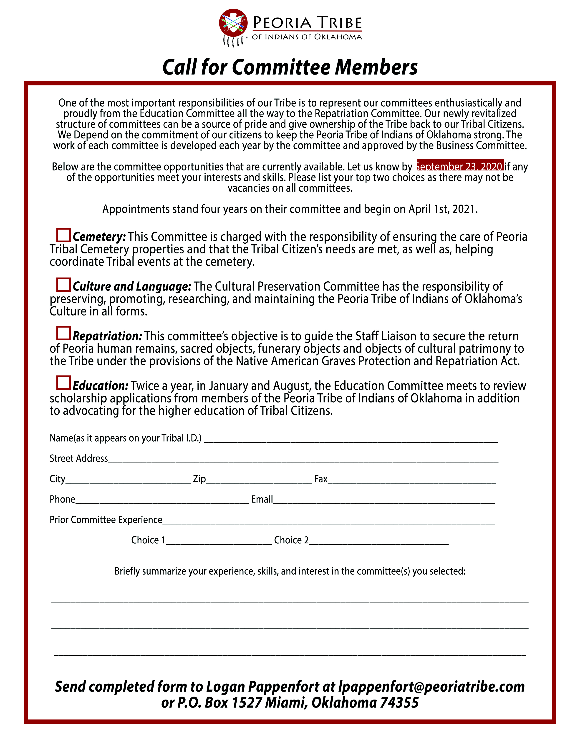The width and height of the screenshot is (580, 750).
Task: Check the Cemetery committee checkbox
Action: click(x=63, y=235)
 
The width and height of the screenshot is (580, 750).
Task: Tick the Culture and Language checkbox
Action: click(x=63, y=285)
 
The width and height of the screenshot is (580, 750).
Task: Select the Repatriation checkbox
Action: click(x=63, y=333)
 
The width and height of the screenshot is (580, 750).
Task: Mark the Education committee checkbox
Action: click(x=63, y=382)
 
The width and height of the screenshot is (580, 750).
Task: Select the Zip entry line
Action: click(x=259, y=481)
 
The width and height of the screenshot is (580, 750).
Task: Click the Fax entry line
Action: click(x=412, y=481)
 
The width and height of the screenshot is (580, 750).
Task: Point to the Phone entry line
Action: click(x=162, y=501)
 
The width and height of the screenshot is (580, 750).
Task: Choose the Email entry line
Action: click(x=384, y=501)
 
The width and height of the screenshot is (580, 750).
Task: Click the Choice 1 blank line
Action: click(x=219, y=542)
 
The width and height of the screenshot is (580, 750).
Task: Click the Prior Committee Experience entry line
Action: click(x=328, y=521)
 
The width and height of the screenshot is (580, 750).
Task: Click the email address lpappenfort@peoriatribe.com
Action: click(x=431, y=686)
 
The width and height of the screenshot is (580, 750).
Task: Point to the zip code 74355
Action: click(x=399, y=702)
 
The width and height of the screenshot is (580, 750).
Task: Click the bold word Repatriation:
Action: click(x=107, y=336)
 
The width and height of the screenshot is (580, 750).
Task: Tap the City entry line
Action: click(x=128, y=481)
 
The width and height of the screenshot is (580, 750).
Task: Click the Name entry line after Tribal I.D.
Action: click(x=351, y=440)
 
